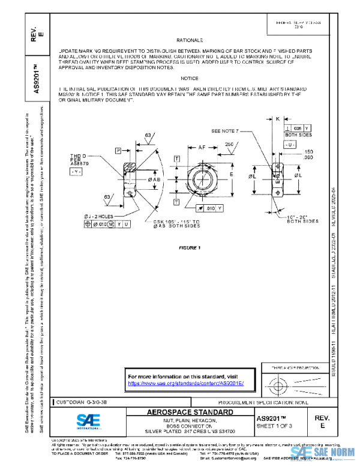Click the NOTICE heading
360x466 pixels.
pyautogui.click(x=189, y=78)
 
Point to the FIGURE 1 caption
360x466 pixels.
pyautogui.click(x=190, y=247)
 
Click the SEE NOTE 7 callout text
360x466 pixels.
pyautogui.click(x=225, y=130)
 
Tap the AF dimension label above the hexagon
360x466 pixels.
pyautogui.click(x=202, y=147)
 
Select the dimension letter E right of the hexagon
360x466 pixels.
pyautogui.click(x=231, y=175)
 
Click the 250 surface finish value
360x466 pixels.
pyautogui.click(x=229, y=144)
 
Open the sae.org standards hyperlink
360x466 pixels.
pyautogui.click(x=187, y=383)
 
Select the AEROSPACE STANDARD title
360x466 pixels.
pyautogui.click(x=190, y=413)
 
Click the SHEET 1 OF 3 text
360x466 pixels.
pyautogui.click(x=275, y=426)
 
